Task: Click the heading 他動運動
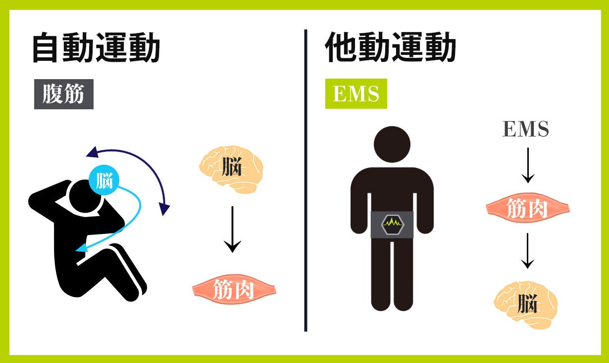click(390, 48)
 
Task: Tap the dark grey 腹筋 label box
click(63, 94)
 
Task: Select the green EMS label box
click(356, 93)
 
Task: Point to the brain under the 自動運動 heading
click(231, 169)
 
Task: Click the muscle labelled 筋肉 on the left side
click(234, 290)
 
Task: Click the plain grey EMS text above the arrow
click(525, 129)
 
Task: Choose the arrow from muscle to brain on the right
click(528, 251)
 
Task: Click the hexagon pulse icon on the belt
click(392, 224)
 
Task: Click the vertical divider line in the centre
click(305, 181)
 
